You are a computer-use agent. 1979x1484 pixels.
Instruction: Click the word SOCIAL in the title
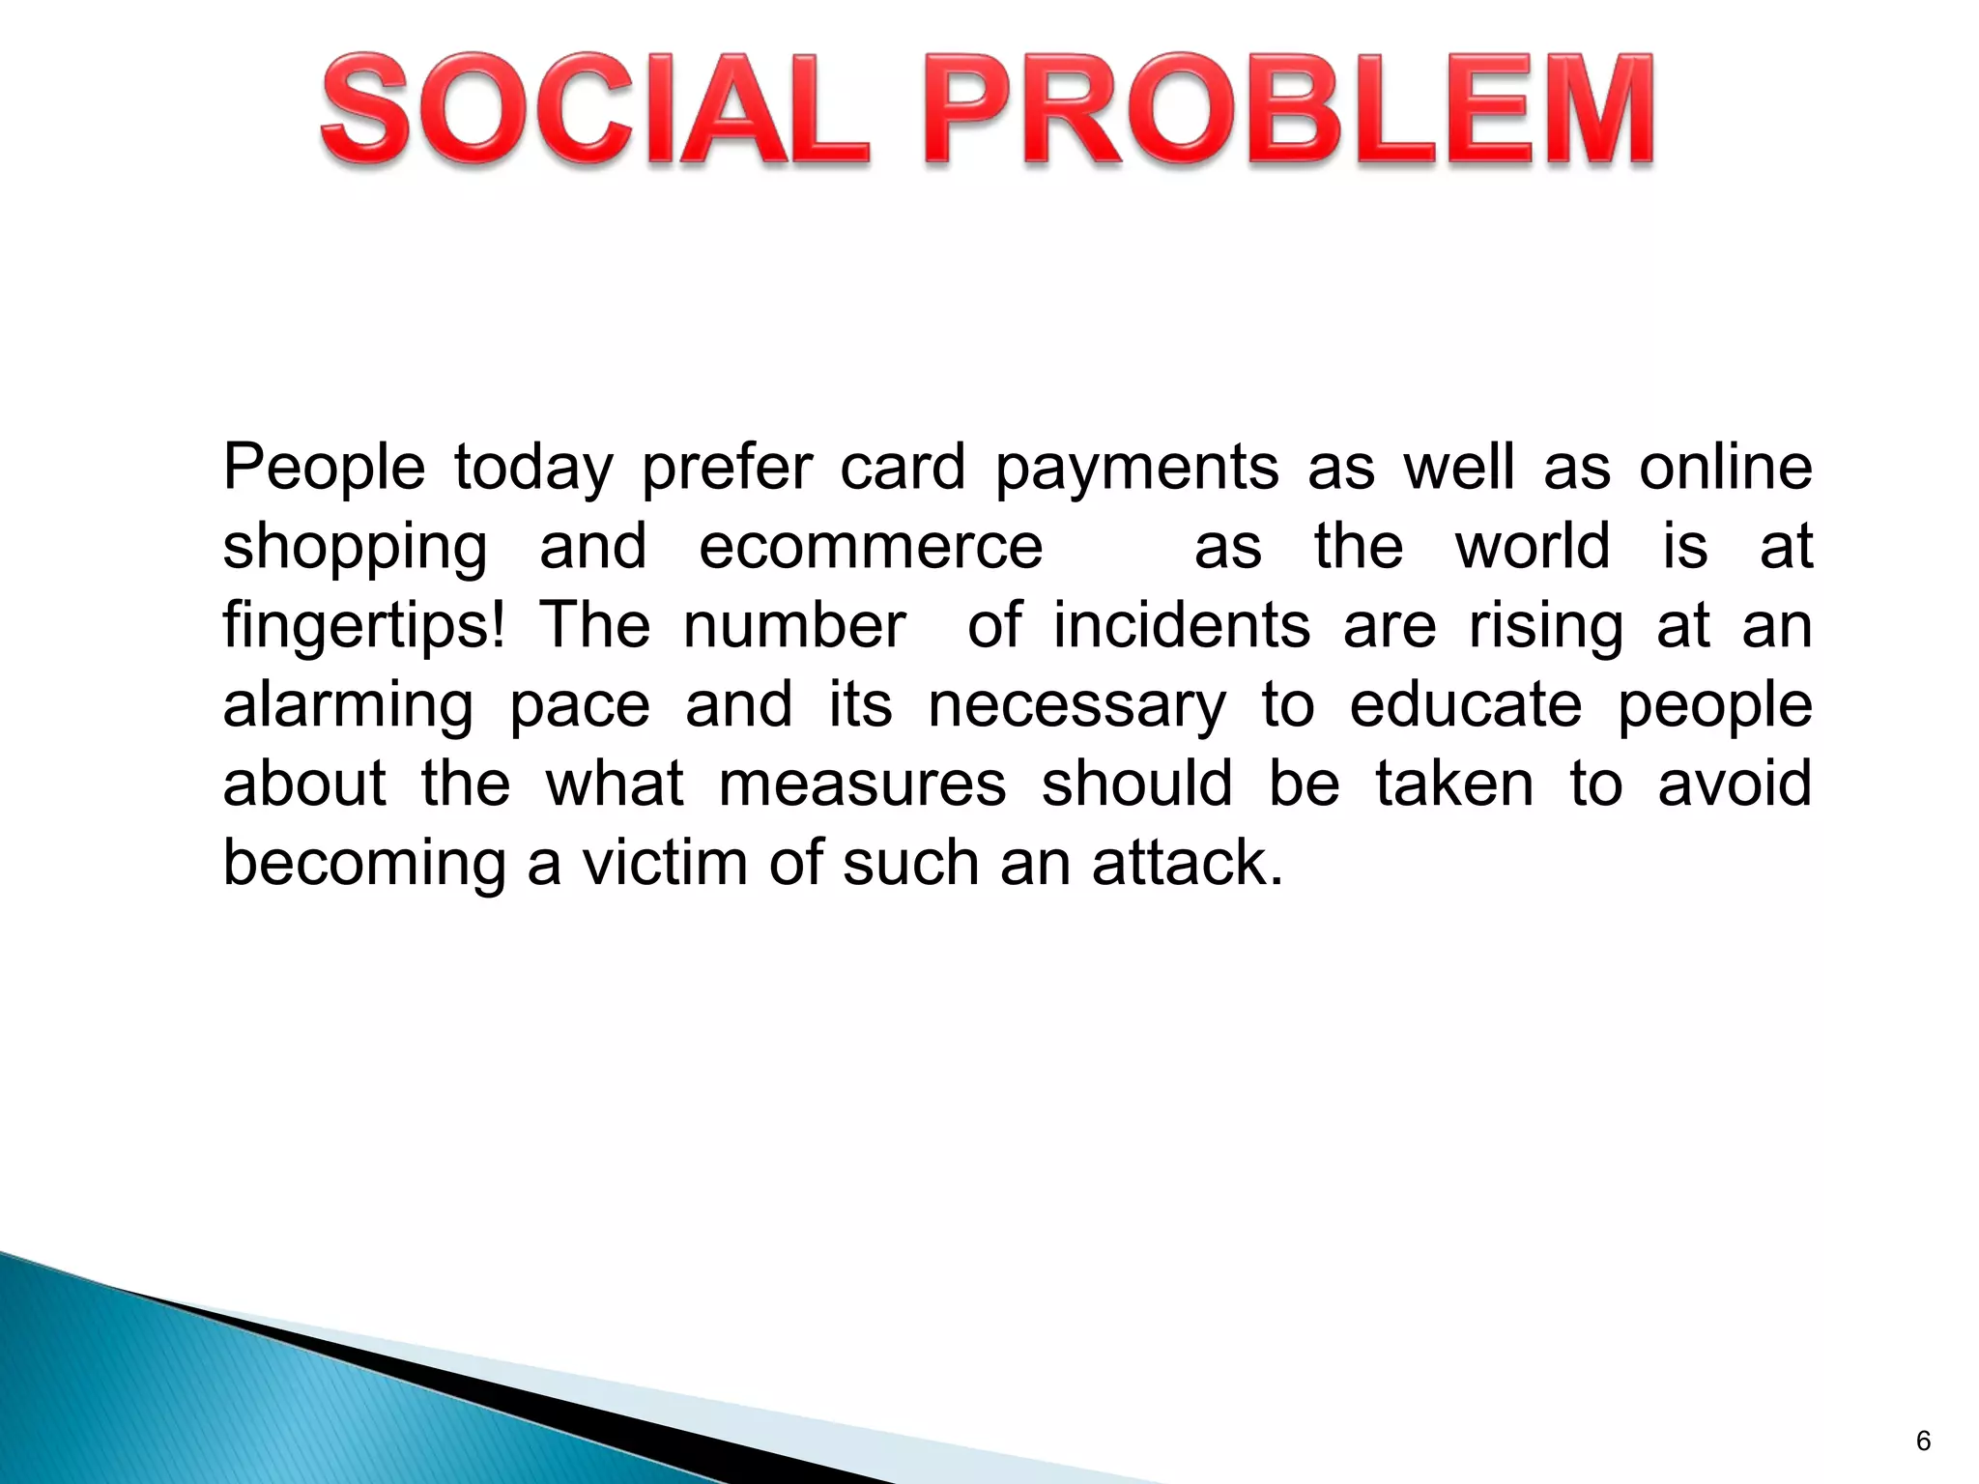pyautogui.click(x=595, y=110)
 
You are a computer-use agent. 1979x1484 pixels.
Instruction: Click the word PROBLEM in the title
pyautogui.click(x=1295, y=110)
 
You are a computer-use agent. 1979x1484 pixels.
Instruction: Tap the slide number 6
pyautogui.click(x=1923, y=1441)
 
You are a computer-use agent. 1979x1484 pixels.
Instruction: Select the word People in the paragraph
pyautogui.click(x=324, y=469)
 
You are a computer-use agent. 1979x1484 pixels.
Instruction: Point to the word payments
pyautogui.click(x=1137, y=469)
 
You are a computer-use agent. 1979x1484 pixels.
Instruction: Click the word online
pyautogui.click(x=1725, y=467)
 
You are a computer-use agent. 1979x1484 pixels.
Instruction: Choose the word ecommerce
pyautogui.click(x=871, y=547)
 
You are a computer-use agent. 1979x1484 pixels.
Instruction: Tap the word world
pyautogui.click(x=1533, y=546)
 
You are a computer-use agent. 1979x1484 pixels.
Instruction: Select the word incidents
pyautogui.click(x=1181, y=625)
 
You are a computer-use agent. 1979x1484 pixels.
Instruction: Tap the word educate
pyautogui.click(x=1465, y=704)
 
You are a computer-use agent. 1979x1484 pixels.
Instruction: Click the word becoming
pyautogui.click(x=364, y=864)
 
